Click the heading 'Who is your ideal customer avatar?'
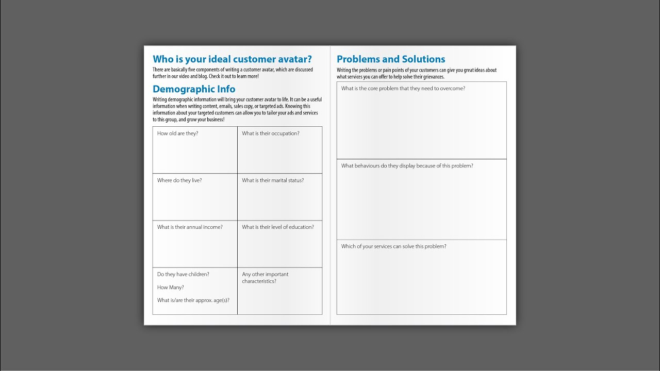pos(232,59)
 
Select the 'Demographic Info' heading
pos(194,89)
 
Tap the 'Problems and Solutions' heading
pos(391,59)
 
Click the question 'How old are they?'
pos(177,133)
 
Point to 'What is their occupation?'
pos(270,133)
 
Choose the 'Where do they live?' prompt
pos(179,180)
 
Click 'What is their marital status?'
pos(273,180)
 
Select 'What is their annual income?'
pos(190,227)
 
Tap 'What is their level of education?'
pos(277,227)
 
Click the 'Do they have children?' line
pos(183,275)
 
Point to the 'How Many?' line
pos(170,288)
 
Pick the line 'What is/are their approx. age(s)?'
pos(193,300)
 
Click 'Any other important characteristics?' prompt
pos(265,278)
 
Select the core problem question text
pos(403,89)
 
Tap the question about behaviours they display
pos(407,166)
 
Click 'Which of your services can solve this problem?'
pos(393,246)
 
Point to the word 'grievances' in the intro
pos(431,77)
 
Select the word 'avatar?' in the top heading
pos(293,59)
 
